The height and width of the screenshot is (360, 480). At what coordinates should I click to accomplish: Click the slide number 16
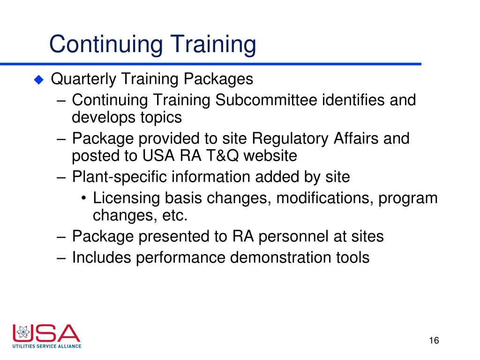[x=434, y=340]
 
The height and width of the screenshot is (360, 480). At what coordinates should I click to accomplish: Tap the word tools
[x=353, y=257]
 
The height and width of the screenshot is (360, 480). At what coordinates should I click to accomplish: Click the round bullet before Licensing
[x=83, y=199]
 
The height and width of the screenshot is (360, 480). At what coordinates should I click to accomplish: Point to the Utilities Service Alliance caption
[x=47, y=346]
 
